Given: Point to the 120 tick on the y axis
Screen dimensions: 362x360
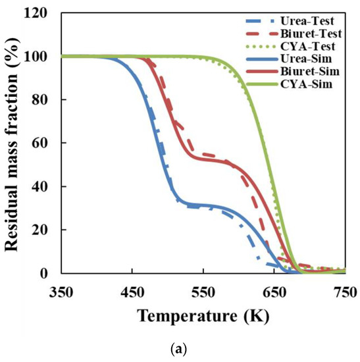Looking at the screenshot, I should coord(43,13).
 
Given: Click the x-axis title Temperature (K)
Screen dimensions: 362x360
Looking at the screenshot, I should coord(203,314).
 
